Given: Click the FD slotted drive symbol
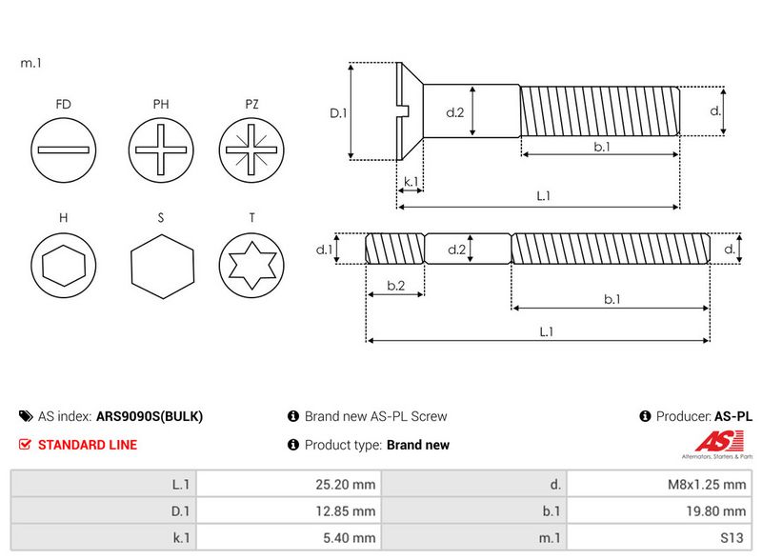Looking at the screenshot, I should coord(64,151).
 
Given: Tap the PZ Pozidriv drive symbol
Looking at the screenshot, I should coord(251,151).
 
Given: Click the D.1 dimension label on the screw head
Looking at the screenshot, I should coord(338,112).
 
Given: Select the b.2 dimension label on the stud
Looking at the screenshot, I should coord(396,286).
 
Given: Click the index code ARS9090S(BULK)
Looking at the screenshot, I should coord(150,416).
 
